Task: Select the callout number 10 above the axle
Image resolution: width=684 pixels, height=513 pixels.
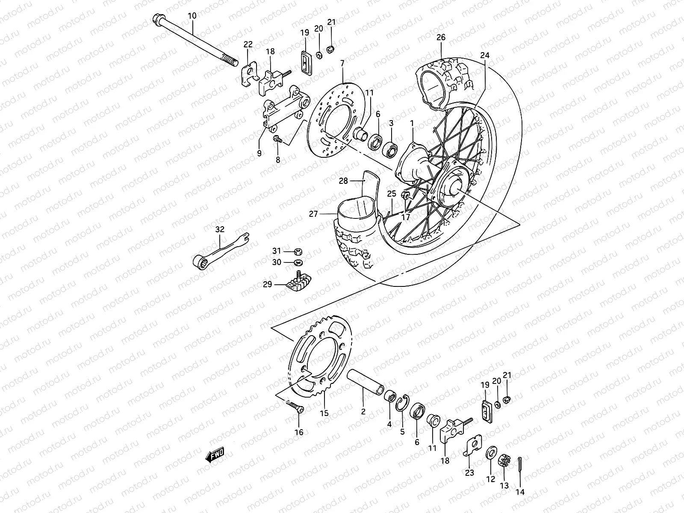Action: click(192, 16)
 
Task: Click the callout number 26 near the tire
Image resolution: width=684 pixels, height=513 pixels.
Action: click(441, 37)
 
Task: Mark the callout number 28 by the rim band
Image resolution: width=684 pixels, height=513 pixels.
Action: click(343, 181)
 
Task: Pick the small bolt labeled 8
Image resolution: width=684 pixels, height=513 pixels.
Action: click(277, 139)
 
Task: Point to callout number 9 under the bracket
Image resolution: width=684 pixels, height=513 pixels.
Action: click(259, 153)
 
